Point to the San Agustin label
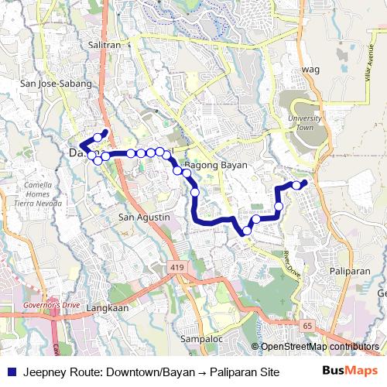tap(143, 217)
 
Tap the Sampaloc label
tap(200, 339)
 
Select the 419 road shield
tap(180, 266)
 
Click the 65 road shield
tap(308, 325)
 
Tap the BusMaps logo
tap(350, 370)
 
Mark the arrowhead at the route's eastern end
tap(304, 183)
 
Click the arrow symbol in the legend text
tap(195, 371)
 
